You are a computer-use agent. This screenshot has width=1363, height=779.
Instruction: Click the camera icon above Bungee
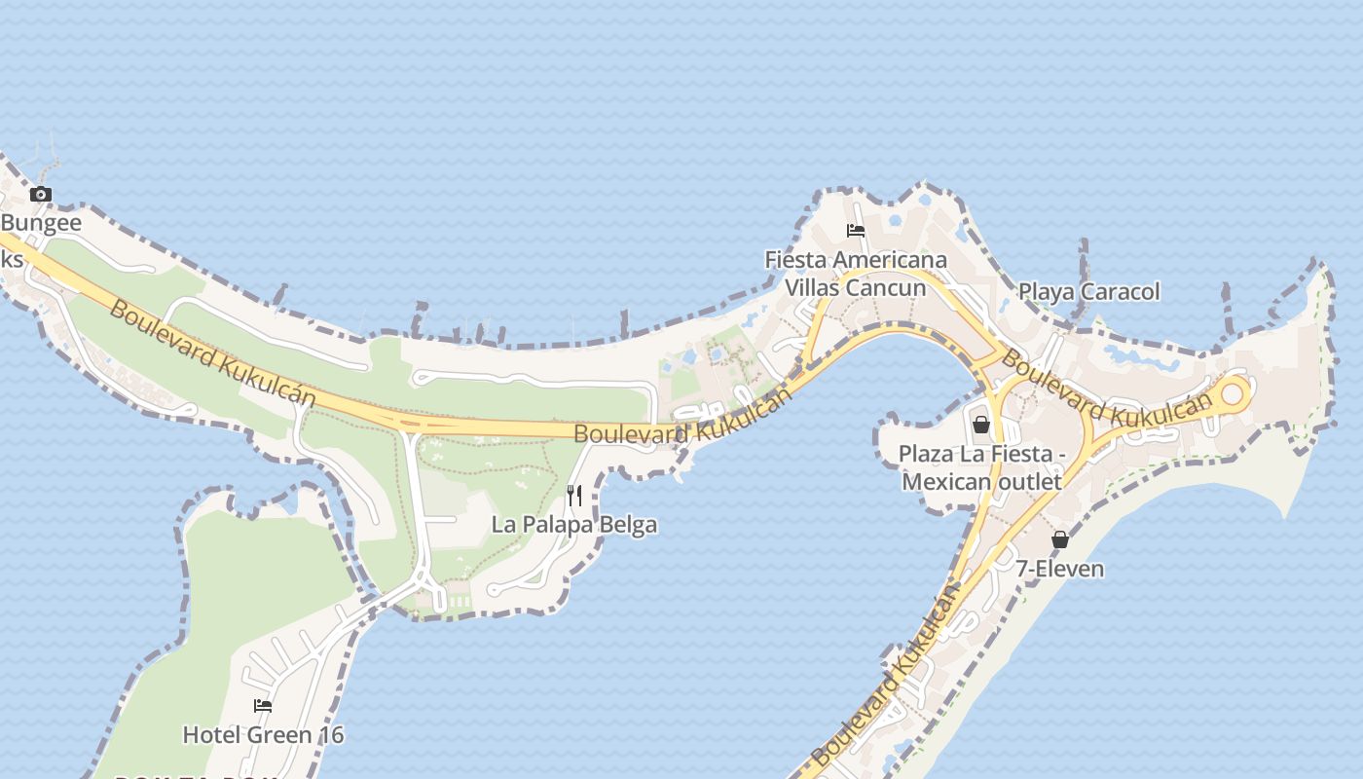point(40,194)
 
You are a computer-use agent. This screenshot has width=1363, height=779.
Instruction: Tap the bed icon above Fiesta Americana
point(856,231)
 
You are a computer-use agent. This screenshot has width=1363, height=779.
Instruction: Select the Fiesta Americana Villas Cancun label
point(856,274)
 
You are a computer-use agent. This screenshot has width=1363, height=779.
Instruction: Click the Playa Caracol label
point(1088,291)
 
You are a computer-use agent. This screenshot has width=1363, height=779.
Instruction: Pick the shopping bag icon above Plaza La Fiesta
point(981,425)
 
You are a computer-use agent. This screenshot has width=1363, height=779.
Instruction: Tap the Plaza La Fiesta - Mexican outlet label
point(981,467)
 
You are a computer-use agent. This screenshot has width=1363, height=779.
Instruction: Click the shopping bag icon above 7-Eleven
point(1060,538)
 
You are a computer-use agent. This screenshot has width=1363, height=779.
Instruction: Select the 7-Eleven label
point(1060,569)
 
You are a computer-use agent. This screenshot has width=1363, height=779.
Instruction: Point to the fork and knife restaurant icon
point(574,496)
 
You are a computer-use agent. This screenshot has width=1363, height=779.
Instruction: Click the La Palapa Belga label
point(574,525)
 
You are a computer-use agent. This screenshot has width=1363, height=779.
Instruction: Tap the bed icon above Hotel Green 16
point(263,706)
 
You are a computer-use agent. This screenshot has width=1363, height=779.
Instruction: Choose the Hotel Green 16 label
point(263,734)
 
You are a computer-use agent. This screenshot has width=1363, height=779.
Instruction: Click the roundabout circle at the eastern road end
point(1233,393)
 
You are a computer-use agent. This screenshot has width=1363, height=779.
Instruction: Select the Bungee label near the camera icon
point(41,223)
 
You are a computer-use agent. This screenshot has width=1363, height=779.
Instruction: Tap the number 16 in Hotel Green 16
point(331,734)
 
